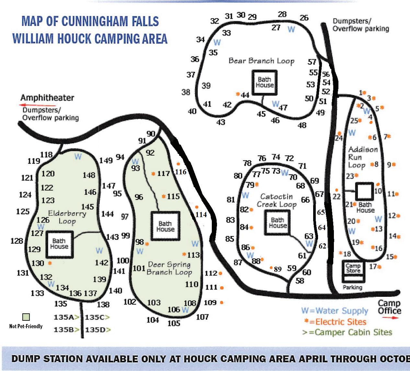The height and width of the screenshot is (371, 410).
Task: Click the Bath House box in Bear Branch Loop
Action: (x=264, y=82)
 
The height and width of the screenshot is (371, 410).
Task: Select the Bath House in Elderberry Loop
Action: (x=59, y=244)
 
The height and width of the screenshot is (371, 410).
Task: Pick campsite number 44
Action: (x=245, y=95)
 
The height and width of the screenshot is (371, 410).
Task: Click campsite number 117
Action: (x=163, y=174)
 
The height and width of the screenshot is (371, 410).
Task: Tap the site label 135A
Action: (x=64, y=317)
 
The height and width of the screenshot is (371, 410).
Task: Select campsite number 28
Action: (x=282, y=14)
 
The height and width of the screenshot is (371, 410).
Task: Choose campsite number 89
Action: (x=278, y=269)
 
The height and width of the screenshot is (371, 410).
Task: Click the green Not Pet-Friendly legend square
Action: (x=26, y=317)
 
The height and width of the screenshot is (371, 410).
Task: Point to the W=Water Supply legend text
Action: (x=335, y=311)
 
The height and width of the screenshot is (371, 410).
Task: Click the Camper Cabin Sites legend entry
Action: (x=347, y=332)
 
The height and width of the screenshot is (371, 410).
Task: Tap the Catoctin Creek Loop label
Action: (x=277, y=201)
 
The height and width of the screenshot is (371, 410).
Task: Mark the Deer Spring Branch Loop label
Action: (x=169, y=268)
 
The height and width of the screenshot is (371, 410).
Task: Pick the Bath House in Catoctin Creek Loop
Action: (x=278, y=223)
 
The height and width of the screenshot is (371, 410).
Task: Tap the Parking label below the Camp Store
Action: (x=352, y=287)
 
